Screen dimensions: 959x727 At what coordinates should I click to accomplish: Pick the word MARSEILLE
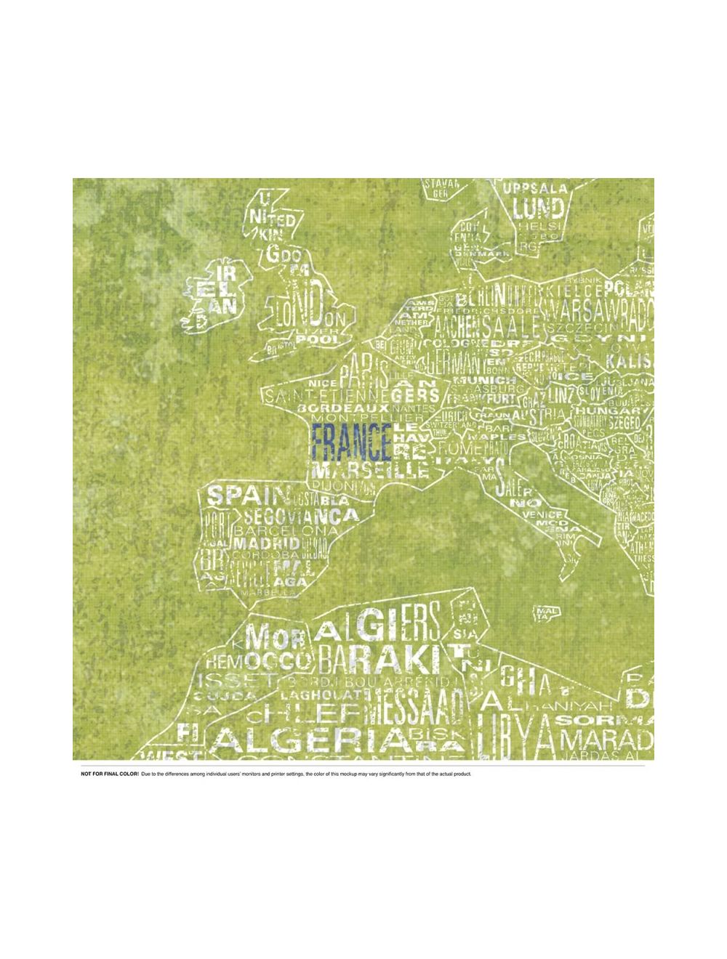tap(369, 470)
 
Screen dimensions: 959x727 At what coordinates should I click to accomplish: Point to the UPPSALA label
tap(536, 188)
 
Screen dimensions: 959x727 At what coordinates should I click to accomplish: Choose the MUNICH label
tap(477, 380)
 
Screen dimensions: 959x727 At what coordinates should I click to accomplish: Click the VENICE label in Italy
tap(542, 514)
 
